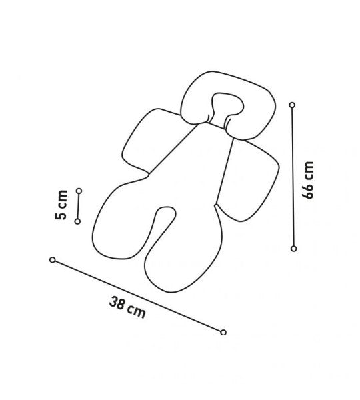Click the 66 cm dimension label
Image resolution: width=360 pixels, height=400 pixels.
coord(308,179)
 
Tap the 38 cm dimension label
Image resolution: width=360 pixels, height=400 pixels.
coord(127,307)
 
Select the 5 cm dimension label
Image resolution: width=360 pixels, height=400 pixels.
coord(61,205)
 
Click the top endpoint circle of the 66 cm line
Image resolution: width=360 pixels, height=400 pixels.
coord(293,105)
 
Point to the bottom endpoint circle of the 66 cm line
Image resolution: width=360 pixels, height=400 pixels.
coord(293,249)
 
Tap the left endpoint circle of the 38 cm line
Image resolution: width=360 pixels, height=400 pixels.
coord(52,260)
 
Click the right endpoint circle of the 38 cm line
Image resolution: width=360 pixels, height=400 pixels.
coord(223,332)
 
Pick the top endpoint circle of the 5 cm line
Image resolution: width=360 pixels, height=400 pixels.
coord(79,191)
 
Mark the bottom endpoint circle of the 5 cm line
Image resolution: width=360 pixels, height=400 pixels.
coord(77,221)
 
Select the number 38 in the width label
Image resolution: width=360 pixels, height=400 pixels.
coord(117,303)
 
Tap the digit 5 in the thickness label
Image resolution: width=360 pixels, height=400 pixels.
coord(61,215)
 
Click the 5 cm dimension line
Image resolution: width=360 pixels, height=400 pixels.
coord(78,206)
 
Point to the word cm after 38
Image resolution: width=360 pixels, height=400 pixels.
coord(137,312)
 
